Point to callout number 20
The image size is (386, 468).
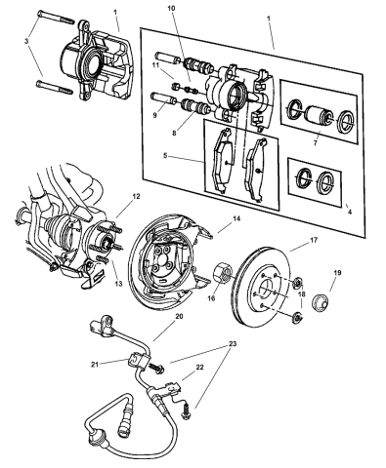coord(179,316)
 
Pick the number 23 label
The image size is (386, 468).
coord(233,343)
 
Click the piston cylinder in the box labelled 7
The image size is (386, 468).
coord(318,122)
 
